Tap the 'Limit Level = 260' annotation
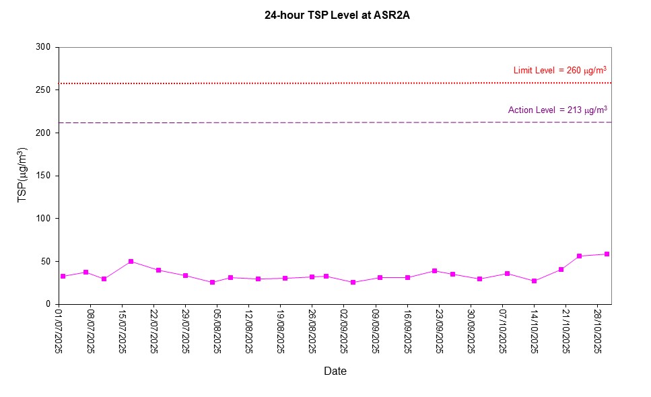[x=555, y=70]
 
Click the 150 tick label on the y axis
[x=44, y=176]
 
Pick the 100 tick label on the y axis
[x=44, y=219]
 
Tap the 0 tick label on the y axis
[x=48, y=304]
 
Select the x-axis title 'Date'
[x=335, y=371]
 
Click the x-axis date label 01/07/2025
[x=59, y=331]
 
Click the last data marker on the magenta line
[x=607, y=254]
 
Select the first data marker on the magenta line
[x=63, y=277]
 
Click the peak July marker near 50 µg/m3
[x=131, y=261]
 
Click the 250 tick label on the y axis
[x=44, y=90]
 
